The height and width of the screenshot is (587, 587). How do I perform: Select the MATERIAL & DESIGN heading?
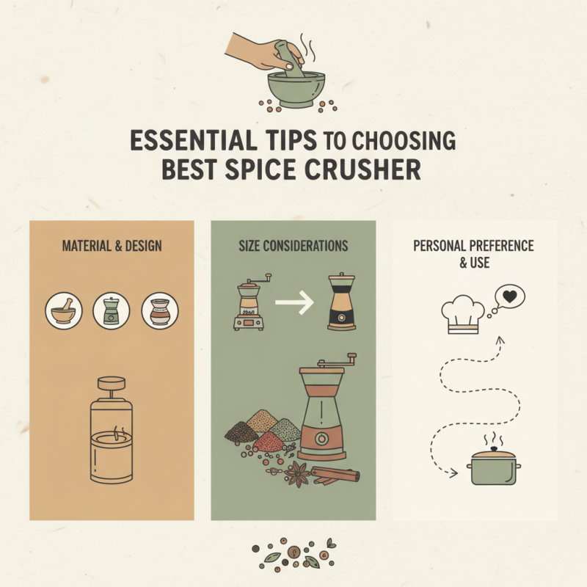[x=112, y=244]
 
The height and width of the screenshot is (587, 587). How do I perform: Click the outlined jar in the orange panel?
[x=112, y=436]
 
